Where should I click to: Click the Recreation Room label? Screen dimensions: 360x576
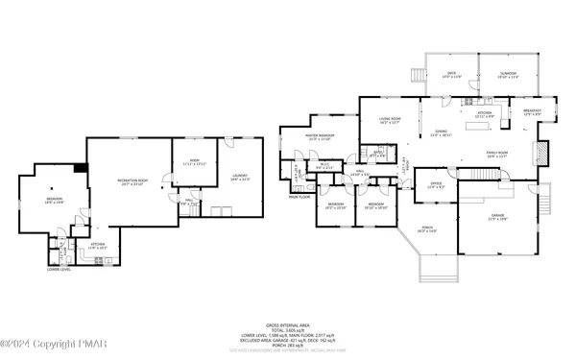click(x=132, y=180)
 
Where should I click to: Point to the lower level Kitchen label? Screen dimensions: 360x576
click(x=70, y=245)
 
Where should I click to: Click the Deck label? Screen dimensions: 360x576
click(x=450, y=75)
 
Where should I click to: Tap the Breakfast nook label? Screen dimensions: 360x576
click(x=532, y=111)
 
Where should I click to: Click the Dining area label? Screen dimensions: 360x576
click(x=442, y=133)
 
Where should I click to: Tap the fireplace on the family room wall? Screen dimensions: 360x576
click(x=540, y=152)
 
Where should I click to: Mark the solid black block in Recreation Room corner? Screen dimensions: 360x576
click(x=84, y=168)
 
